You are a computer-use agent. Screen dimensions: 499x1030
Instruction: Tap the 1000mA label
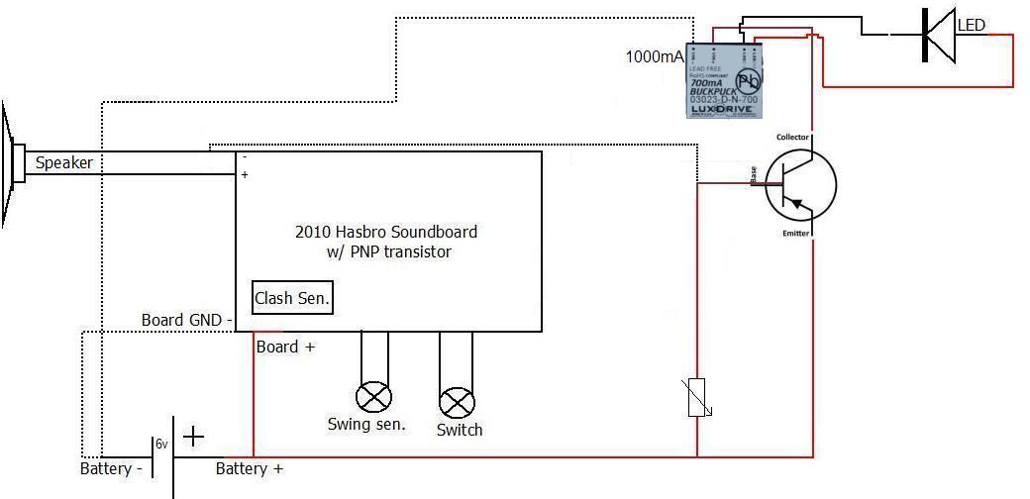655,56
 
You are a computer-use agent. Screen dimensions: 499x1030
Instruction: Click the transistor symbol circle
800,185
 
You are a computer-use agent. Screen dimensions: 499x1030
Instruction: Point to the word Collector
792,137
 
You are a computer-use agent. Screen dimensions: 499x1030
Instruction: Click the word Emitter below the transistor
795,234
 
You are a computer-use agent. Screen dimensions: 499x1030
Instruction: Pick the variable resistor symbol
697,397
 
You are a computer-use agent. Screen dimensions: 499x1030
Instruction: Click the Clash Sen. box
292,297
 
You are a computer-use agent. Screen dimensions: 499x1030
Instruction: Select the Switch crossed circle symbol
457,402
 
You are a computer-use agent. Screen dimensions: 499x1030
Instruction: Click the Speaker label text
64,163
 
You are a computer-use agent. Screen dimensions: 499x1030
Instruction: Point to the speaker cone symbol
12,164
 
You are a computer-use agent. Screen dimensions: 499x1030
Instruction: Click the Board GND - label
186,320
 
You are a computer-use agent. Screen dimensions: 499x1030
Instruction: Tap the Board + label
285,348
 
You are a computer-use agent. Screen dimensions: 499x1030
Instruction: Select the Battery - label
111,468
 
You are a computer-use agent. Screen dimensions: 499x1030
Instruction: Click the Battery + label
249,468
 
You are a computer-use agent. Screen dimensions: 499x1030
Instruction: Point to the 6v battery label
161,445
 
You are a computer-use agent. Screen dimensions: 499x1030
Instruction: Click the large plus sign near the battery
194,436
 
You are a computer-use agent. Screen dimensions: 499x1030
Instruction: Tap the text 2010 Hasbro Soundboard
386,232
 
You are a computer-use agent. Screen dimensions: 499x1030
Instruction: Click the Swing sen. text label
366,425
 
